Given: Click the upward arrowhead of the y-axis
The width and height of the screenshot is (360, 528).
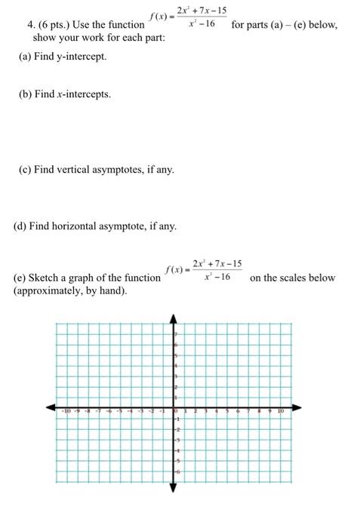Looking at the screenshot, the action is pos(174,318).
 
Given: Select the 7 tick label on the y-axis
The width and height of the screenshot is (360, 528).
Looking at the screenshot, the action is pos(177,333).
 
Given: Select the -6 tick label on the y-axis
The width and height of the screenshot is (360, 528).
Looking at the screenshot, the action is pos(178,471).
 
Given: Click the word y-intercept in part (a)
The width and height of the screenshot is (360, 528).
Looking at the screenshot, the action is pos(83,57).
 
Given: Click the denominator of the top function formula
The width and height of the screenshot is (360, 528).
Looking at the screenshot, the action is pos(201,24).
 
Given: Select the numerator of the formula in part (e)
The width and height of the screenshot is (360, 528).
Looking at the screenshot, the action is pos(217,263).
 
